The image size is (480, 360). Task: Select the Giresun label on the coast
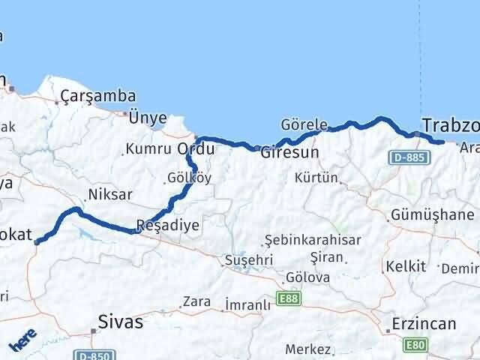(x=289, y=152)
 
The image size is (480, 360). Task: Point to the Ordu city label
(x=196, y=148)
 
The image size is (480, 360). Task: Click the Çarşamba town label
(x=99, y=96)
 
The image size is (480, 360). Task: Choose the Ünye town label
(x=147, y=117)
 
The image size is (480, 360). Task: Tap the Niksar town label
(x=110, y=194)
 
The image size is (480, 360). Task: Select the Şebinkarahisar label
(x=313, y=240)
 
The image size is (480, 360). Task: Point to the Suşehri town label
(x=245, y=260)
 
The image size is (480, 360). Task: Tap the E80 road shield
(x=414, y=345)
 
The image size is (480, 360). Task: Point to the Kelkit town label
(x=405, y=266)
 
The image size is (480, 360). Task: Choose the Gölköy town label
(x=187, y=178)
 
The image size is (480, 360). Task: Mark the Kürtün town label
(x=316, y=178)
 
